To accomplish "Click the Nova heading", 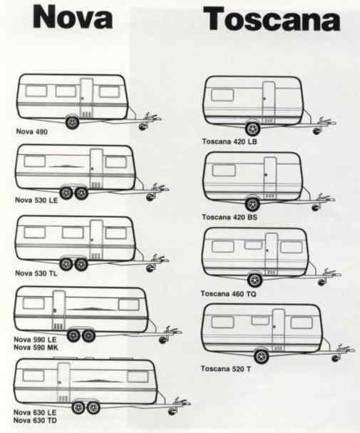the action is click(73, 17).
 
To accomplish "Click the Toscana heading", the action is click(272, 19).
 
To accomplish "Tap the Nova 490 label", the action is click(32, 131).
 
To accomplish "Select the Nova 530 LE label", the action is click(36, 200).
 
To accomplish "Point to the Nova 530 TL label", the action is click(36, 273).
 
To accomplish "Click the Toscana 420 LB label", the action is click(230, 141).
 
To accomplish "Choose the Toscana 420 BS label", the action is click(230, 217).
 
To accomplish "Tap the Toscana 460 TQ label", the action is click(228, 294).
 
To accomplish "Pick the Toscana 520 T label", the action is click(226, 369).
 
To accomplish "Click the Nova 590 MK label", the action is click(36, 347).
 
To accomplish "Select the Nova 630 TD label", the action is click(35, 420).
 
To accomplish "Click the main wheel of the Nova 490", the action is click(72, 122).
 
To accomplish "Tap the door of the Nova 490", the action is click(87, 98).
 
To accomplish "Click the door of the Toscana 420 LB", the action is click(269, 103).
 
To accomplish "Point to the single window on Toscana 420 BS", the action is click(223, 170).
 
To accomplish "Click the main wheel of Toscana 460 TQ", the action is click(255, 280).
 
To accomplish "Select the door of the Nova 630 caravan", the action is click(63, 383).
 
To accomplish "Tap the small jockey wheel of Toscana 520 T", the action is click(336, 358).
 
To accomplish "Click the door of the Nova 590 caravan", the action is click(58, 310).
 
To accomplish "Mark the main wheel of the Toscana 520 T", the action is click(261, 356).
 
